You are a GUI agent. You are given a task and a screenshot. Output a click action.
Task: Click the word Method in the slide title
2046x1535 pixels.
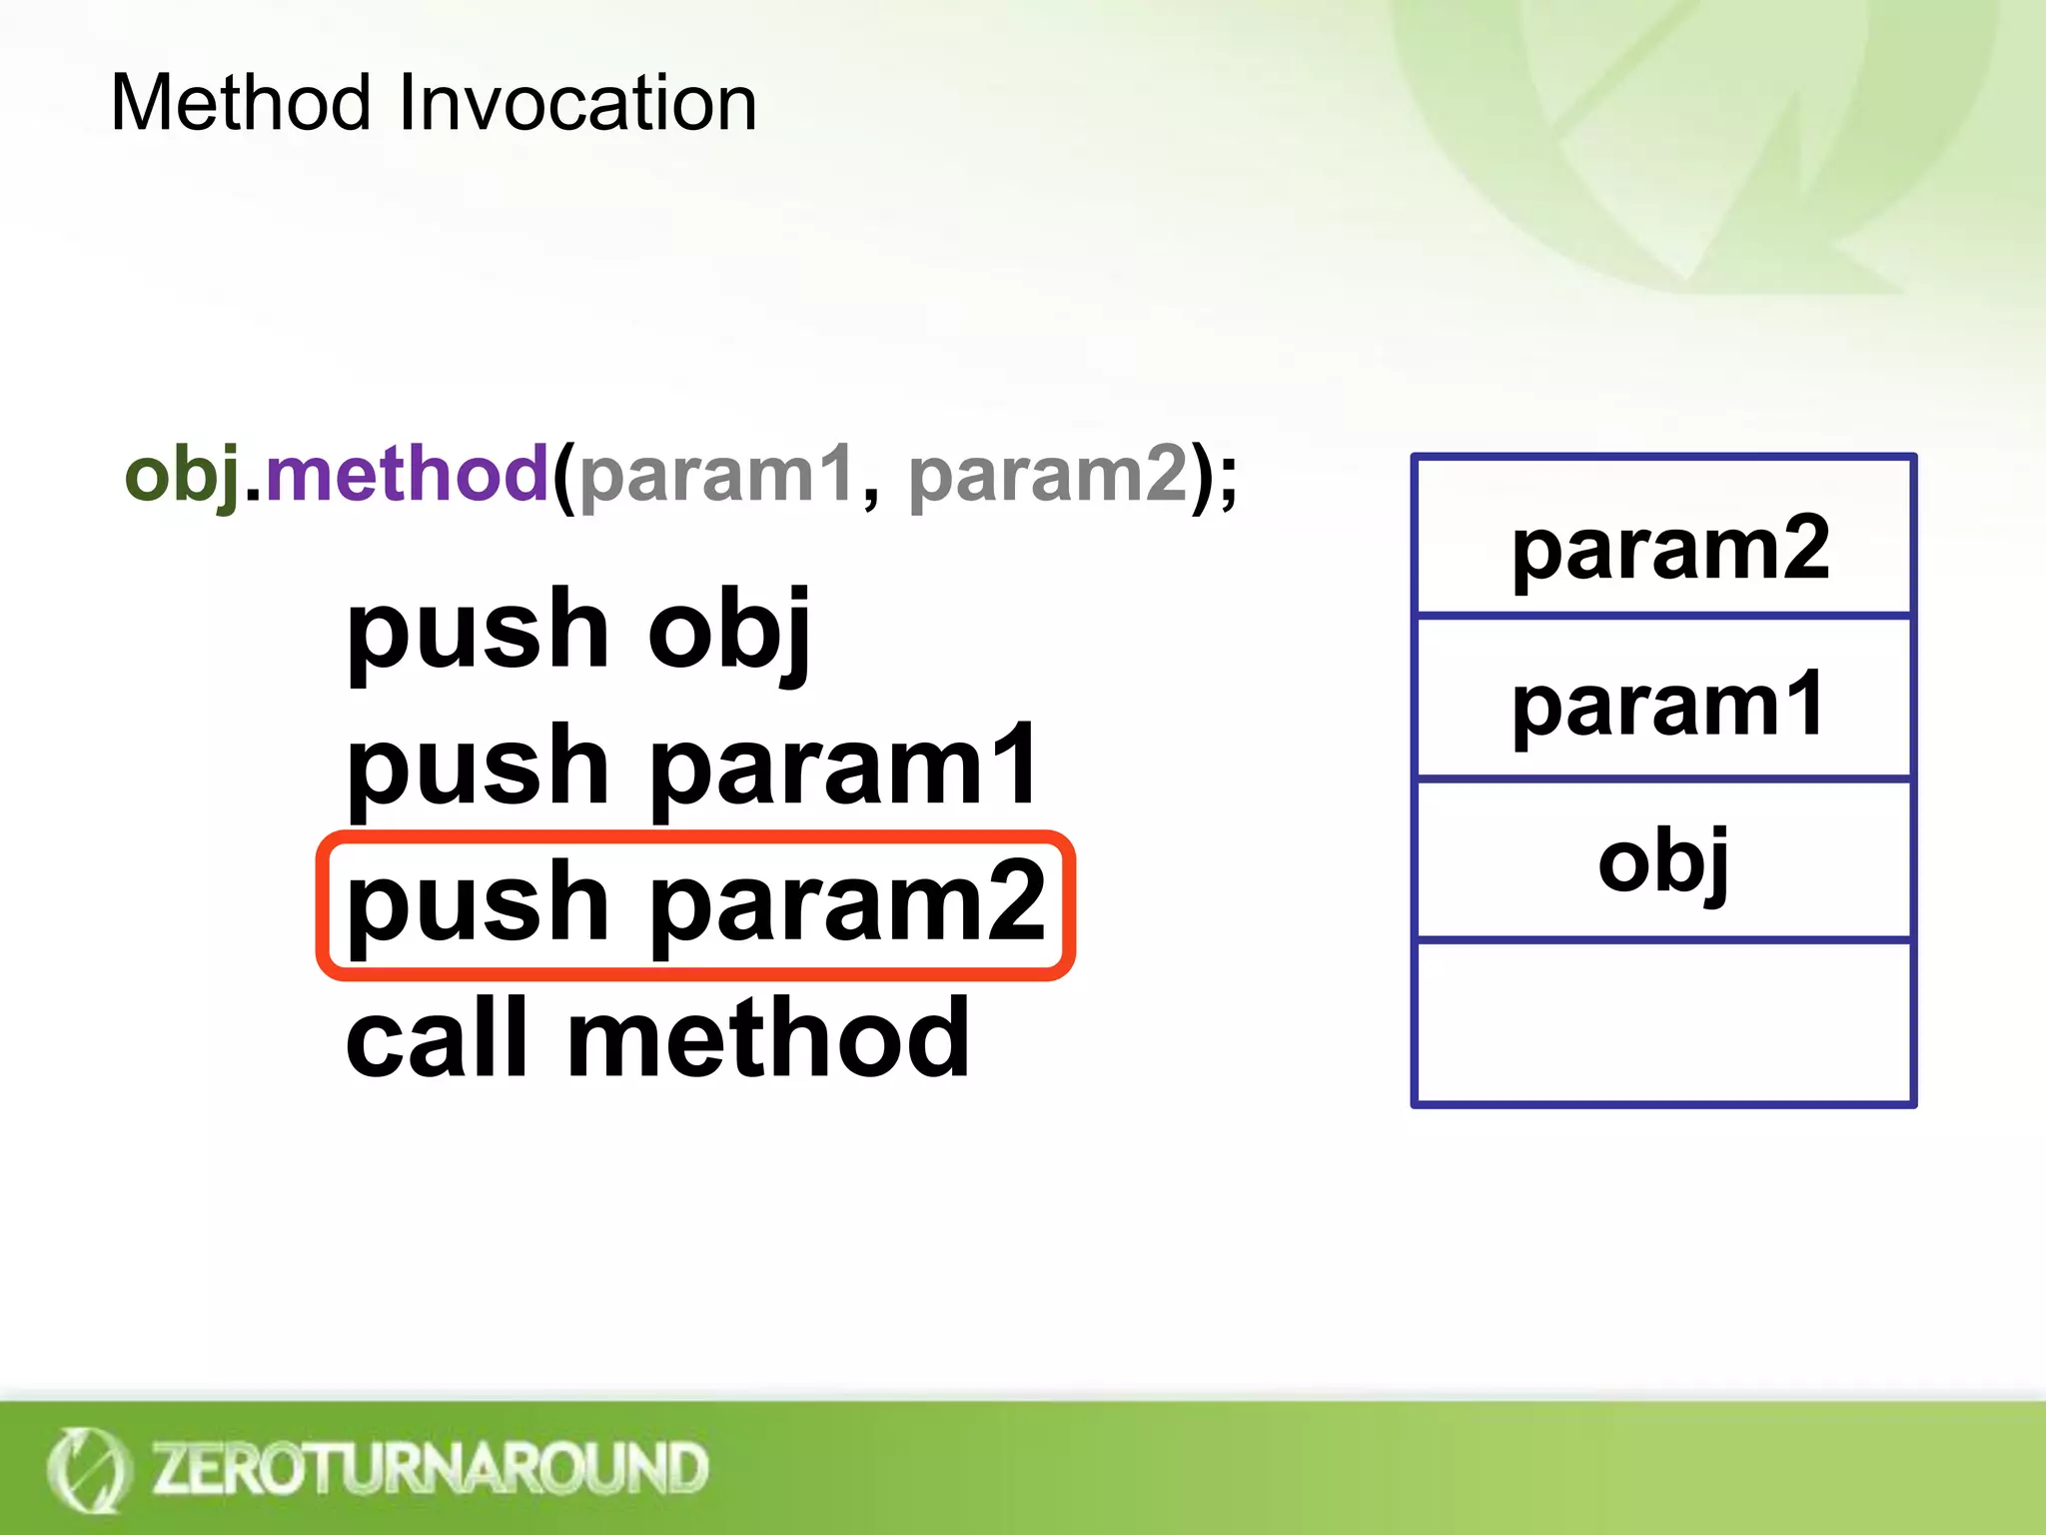point(240,103)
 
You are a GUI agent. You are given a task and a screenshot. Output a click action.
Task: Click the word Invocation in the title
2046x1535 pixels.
point(577,103)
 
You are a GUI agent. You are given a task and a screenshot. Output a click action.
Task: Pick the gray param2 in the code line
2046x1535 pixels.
point(1048,475)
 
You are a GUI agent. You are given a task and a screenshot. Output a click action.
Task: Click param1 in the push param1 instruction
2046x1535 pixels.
point(844,767)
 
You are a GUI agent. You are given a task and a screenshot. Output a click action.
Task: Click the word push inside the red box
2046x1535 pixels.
point(478,903)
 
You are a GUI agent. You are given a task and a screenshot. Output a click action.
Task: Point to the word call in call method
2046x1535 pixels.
point(436,1039)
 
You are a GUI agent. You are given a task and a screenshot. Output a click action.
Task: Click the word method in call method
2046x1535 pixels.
point(767,1039)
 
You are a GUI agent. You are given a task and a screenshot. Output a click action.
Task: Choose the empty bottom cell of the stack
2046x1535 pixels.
point(1663,1021)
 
